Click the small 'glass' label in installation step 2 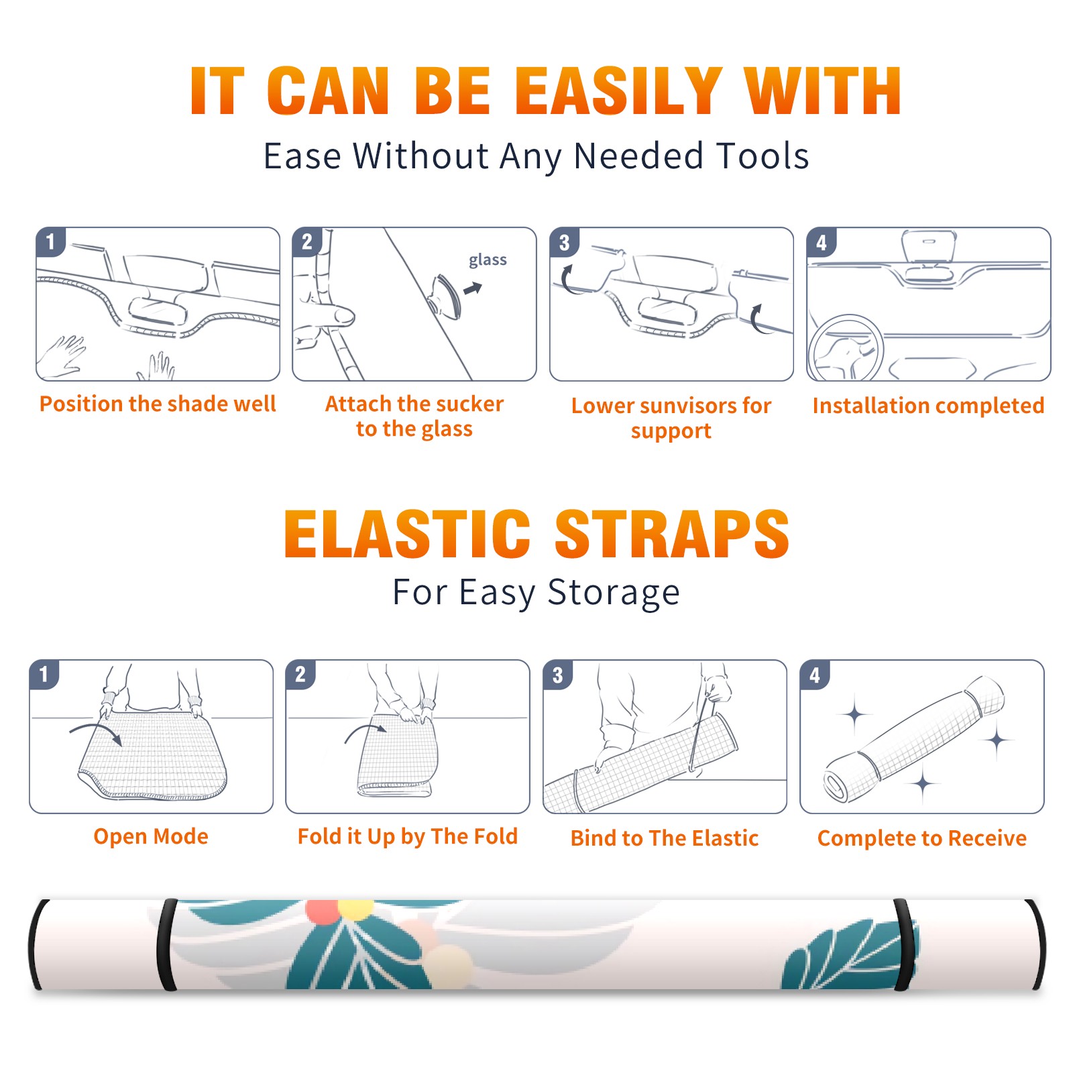tap(488, 260)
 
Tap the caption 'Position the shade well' tap(158, 404)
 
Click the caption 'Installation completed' tap(928, 405)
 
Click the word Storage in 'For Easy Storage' tap(614, 593)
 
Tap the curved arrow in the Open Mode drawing tap(95, 732)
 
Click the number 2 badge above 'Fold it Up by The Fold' tap(300, 674)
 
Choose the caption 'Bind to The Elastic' tap(665, 838)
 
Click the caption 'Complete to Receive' tap(922, 838)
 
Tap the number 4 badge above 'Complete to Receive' tap(815, 675)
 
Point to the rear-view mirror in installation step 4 tap(929, 245)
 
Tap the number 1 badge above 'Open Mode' tap(44, 674)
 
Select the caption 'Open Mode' tap(151, 836)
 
